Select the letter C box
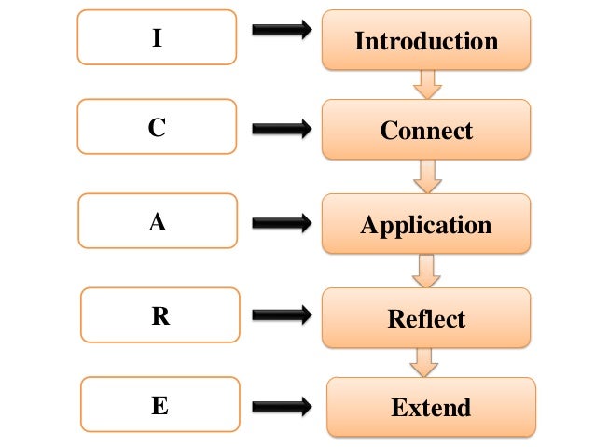(157, 129)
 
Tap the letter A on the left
(158, 223)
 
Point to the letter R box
(160, 316)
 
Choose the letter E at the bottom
(160, 406)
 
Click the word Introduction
(426, 41)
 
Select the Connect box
(426, 130)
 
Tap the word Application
(426, 225)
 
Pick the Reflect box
(426, 318)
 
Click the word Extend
(431, 407)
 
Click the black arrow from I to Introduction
(282, 31)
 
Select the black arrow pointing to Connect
(282, 129)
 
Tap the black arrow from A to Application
(282, 223)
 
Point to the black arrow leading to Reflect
(282, 316)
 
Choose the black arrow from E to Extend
(282, 406)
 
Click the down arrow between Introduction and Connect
(426, 85)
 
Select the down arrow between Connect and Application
(428, 176)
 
